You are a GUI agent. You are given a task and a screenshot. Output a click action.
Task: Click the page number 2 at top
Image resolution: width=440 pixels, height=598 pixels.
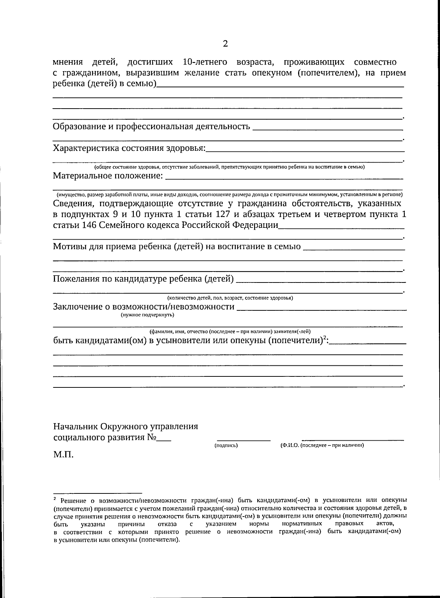[225, 44]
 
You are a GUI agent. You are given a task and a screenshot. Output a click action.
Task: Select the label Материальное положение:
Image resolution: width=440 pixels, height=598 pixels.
[108, 176]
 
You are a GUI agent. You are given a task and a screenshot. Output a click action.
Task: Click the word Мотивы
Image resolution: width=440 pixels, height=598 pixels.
[70, 247]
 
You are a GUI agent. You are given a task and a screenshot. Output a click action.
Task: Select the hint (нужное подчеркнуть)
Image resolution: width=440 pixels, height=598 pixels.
[147, 315]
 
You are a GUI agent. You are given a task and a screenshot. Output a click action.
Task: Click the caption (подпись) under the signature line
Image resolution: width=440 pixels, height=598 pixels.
[226, 445]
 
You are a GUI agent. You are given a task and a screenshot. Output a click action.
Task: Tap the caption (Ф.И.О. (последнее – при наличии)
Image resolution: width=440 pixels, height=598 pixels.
[322, 445]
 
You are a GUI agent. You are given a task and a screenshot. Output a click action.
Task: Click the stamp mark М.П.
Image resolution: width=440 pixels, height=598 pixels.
[63, 455]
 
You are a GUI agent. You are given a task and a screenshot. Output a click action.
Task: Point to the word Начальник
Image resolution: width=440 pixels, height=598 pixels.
[76, 427]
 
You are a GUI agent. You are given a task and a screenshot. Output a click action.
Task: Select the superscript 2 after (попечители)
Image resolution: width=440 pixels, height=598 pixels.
[325, 338]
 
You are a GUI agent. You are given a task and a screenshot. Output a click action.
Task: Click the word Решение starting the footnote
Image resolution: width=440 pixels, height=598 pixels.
[73, 500]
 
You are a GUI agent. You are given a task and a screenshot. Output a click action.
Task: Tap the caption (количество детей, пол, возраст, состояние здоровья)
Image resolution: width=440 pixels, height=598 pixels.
[230, 298]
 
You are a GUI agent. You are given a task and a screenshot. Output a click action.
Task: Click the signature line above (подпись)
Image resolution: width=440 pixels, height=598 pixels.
[244, 440]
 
